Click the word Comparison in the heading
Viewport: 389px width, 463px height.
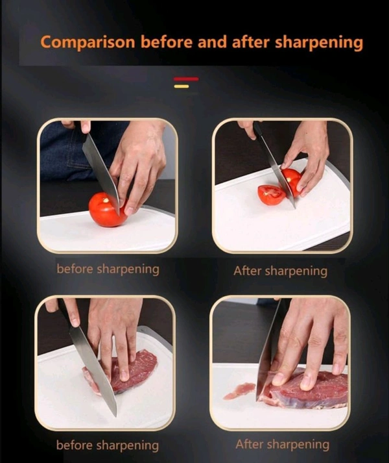pos(88,42)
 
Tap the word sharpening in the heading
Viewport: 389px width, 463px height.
pos(319,43)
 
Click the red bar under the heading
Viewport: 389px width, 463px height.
pos(186,79)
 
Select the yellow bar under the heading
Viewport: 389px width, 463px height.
pos(182,86)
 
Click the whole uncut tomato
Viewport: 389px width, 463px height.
pos(106,210)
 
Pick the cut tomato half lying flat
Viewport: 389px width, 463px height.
pos(271,195)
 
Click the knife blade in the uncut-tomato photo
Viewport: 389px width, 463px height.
pos(101,173)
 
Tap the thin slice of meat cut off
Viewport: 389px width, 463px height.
pos(239,390)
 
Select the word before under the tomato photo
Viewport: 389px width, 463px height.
pos(75,269)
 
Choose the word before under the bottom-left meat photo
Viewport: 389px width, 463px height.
pos(75,445)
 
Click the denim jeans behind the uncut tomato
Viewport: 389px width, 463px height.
pos(77,151)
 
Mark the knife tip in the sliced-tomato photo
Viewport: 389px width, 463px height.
pos(294,208)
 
